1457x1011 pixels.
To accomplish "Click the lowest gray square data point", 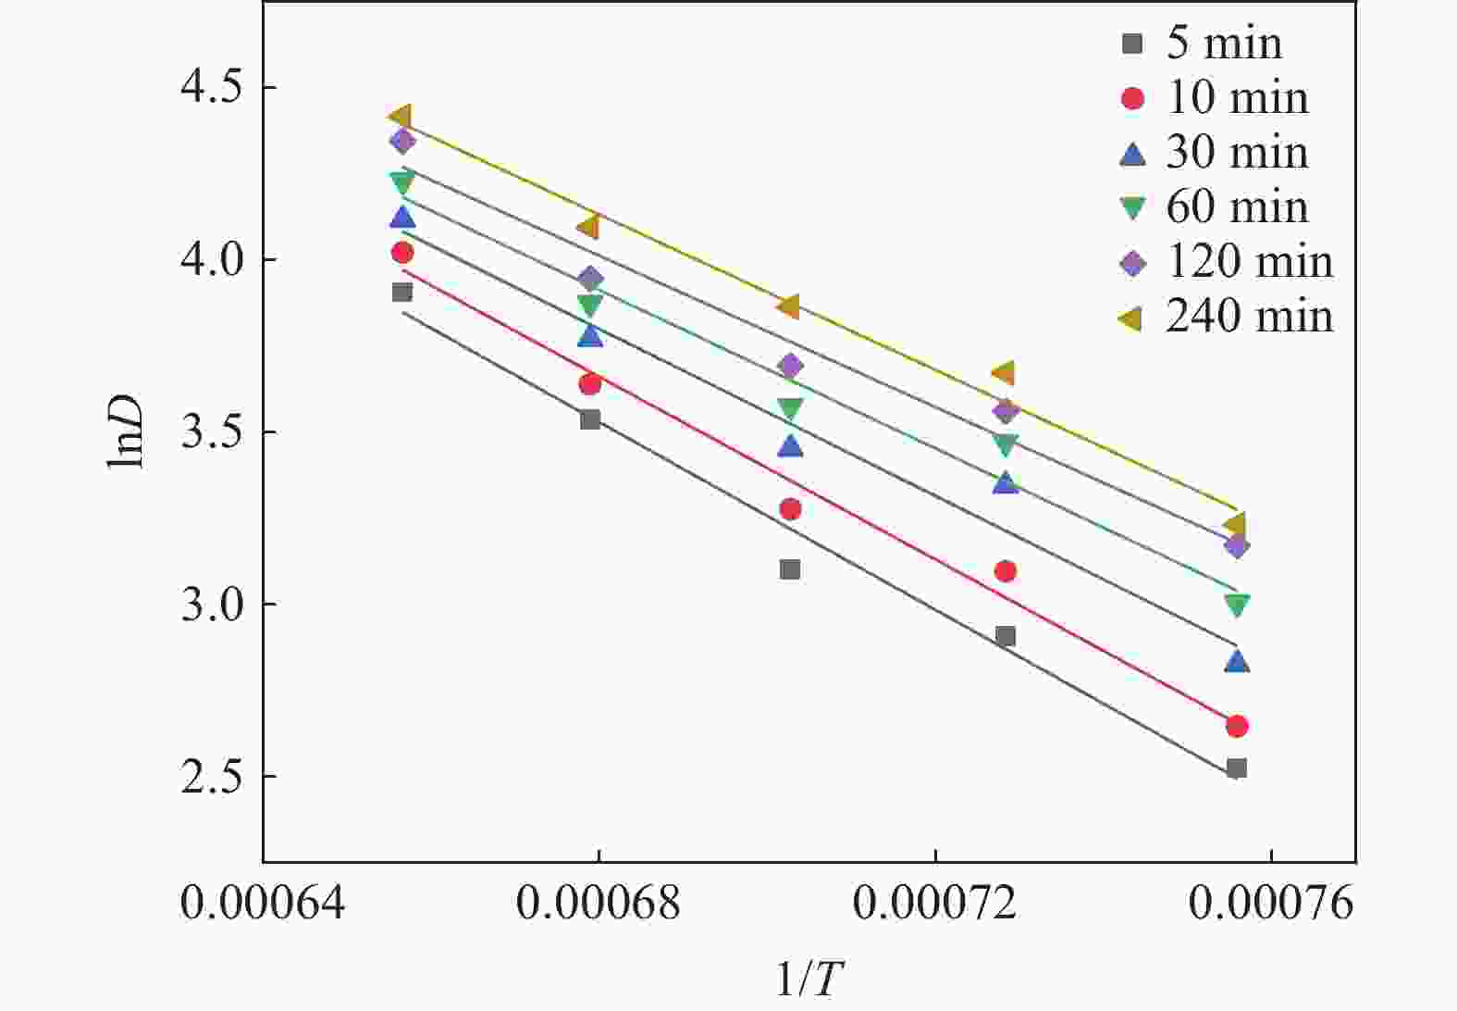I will (x=1237, y=768).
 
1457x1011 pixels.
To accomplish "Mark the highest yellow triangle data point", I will (x=401, y=116).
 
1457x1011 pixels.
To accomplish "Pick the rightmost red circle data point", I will (x=1237, y=726).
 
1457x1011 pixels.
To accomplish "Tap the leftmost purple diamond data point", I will (x=402, y=141).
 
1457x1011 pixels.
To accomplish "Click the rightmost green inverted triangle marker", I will (x=1237, y=605).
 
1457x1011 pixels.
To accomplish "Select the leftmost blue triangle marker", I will (x=402, y=218).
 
